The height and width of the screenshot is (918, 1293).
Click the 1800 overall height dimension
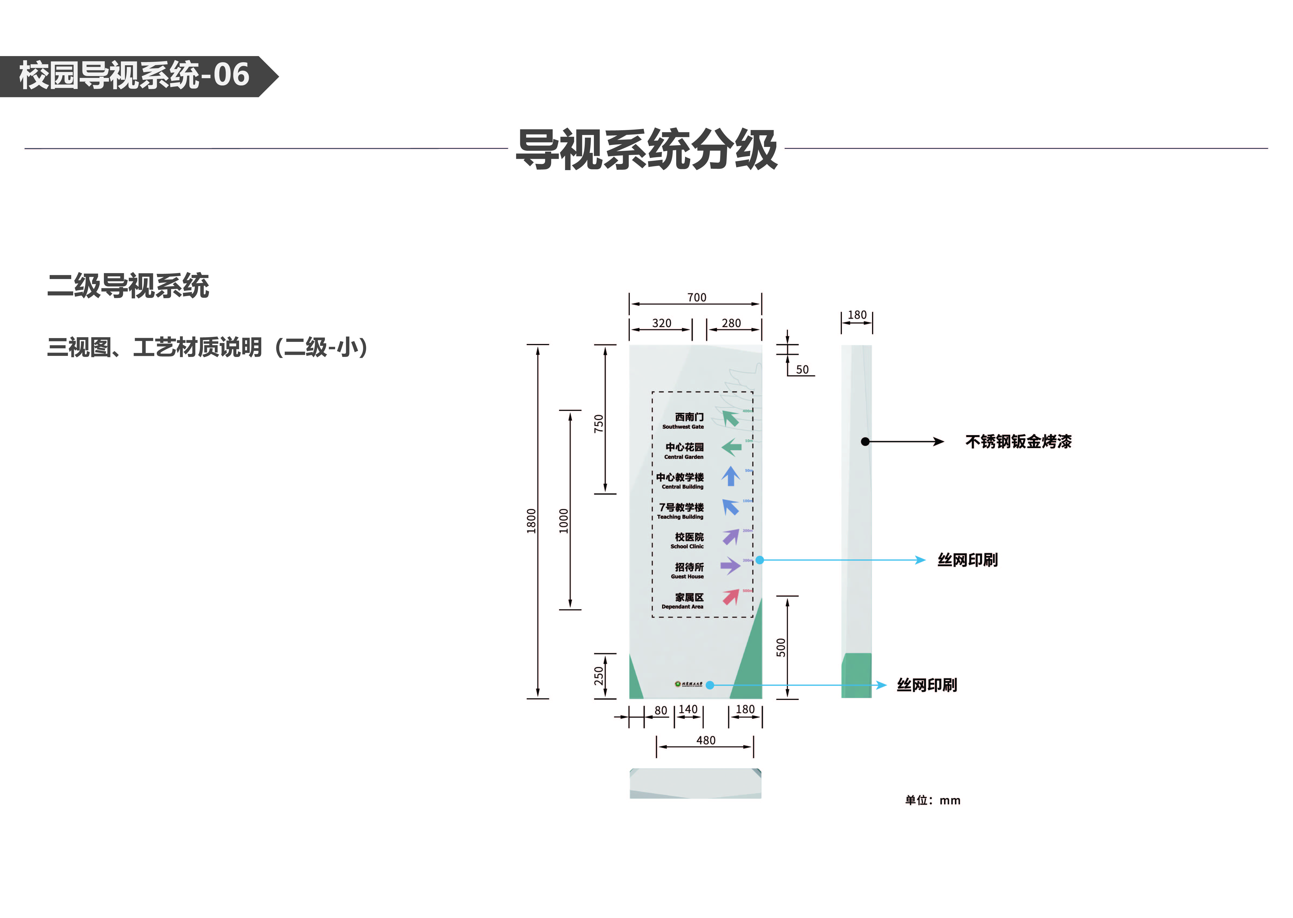point(530,521)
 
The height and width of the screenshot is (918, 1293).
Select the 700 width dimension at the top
point(696,297)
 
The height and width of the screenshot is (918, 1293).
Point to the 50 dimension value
point(802,370)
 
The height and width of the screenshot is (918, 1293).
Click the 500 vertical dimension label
point(781,647)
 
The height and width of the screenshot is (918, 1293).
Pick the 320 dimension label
point(661,323)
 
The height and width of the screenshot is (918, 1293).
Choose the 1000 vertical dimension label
point(563,521)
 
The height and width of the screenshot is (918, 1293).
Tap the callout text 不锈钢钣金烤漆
point(1018,442)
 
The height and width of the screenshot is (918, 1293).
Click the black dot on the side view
point(865,442)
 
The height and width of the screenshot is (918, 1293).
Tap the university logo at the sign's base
point(688,684)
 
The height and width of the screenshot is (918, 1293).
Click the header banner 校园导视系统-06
point(134,76)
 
